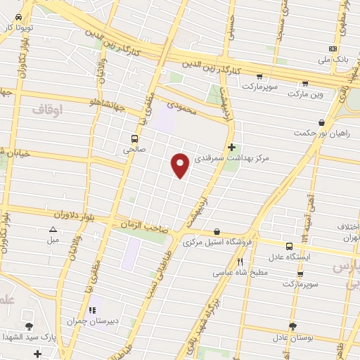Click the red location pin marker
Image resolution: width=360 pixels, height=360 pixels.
coord(180,165)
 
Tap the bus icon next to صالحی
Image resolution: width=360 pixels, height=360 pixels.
coord(133,138)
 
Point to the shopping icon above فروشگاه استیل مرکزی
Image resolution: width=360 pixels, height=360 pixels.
coord(217,231)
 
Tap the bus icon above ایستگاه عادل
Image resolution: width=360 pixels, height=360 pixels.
coord(290,245)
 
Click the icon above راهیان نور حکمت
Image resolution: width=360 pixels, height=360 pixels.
coord(321,121)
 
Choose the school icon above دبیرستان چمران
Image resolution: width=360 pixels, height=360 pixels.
coord(91,310)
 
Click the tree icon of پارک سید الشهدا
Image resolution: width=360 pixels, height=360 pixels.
coord(29,326)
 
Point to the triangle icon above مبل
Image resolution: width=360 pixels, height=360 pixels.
coord(53,230)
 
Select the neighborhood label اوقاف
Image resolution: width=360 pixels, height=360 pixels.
coord(48,109)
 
